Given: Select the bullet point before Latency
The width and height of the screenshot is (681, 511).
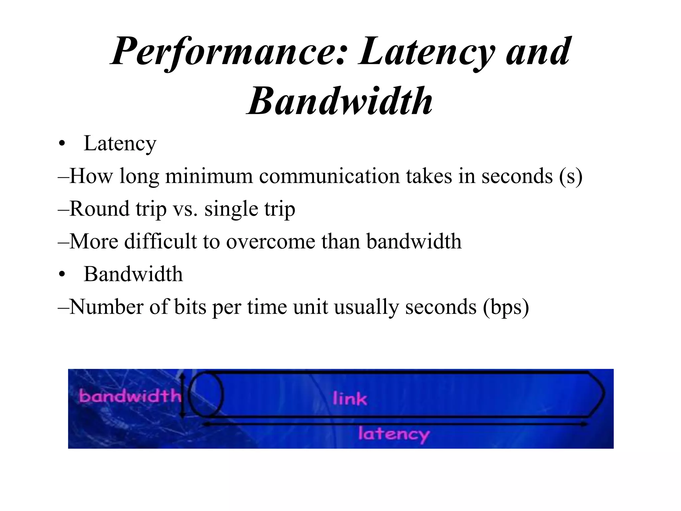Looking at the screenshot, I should pos(61,144).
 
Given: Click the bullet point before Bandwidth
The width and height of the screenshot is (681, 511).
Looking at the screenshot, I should pos(61,275).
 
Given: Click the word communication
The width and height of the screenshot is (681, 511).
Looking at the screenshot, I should pos(329,176).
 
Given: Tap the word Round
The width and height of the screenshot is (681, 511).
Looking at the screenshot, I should pos(99,209).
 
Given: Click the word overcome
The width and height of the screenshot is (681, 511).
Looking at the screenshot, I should pos(271,242).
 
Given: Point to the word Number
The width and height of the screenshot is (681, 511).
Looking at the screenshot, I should pos(107,307).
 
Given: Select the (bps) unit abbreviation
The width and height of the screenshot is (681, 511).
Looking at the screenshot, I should pos(505,307).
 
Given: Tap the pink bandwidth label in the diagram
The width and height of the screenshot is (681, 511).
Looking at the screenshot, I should pos(130,397).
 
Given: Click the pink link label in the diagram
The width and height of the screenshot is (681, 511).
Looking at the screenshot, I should pos(350,399).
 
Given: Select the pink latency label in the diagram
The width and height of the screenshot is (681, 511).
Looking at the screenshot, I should pos(394,434).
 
